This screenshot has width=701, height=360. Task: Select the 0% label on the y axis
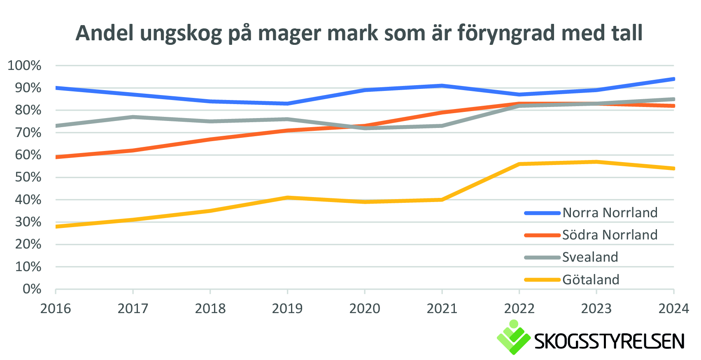(32, 289)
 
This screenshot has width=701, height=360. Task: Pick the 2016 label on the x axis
(56, 309)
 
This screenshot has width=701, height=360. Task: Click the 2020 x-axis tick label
(365, 309)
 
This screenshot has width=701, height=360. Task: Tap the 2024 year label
(673, 309)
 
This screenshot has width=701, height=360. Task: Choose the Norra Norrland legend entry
(610, 213)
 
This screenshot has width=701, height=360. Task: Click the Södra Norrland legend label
(610, 235)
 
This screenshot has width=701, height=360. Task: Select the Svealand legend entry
(590, 257)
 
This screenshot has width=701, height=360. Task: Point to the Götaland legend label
(591, 280)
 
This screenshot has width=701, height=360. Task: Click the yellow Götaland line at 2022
(519, 164)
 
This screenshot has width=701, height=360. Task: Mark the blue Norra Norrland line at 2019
(287, 103)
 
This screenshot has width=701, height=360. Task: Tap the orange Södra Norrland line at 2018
(210, 139)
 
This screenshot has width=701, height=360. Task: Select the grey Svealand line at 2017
(133, 117)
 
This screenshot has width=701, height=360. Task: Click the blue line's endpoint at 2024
(673, 79)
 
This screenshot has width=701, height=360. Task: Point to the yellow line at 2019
(287, 197)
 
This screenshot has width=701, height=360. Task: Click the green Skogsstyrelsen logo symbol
(513, 337)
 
